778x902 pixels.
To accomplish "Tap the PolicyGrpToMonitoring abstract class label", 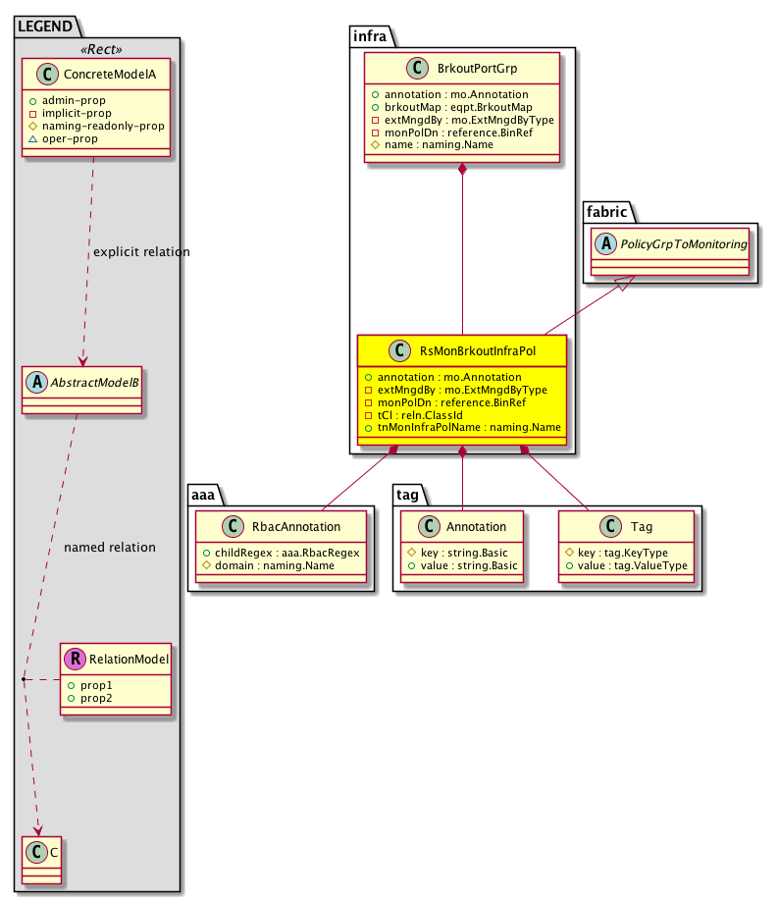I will click(x=675, y=242).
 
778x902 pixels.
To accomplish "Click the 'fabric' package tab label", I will click(x=606, y=211).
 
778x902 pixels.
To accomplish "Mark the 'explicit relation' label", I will click(x=141, y=252).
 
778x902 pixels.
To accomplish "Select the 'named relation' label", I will click(x=110, y=547).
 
